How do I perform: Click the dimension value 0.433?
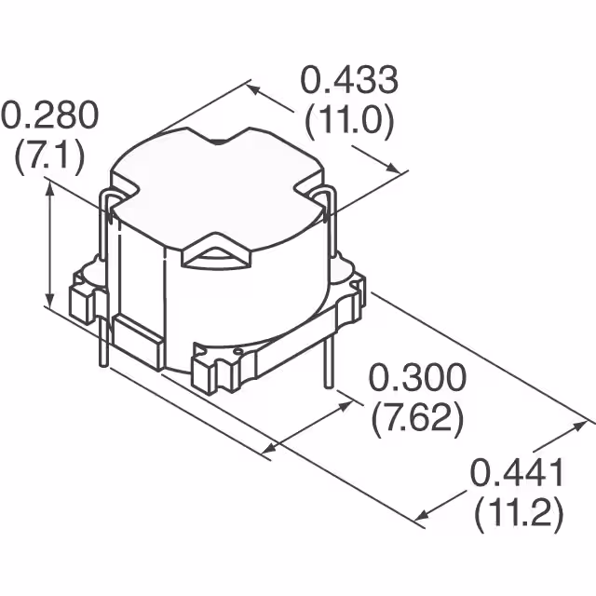point(348,81)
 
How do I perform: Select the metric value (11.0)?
point(348,120)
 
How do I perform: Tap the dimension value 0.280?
point(48,116)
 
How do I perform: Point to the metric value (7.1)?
point(48,155)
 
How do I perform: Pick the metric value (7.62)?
point(417,418)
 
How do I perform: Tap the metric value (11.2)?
point(517,513)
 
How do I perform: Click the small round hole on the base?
point(238,352)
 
